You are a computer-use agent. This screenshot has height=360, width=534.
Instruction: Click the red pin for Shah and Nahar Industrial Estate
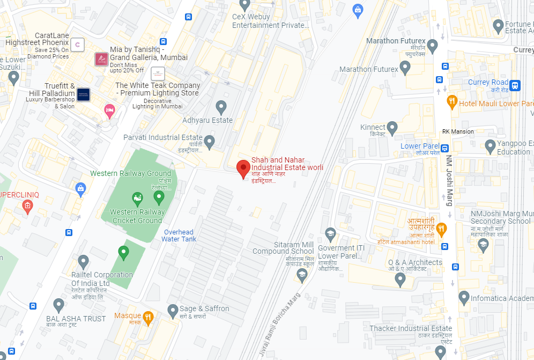point(243,168)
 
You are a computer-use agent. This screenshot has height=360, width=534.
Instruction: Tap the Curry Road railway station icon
point(515,85)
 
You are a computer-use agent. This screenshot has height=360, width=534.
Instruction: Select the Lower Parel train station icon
point(444,147)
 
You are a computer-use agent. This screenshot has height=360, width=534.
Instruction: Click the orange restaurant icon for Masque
point(149,317)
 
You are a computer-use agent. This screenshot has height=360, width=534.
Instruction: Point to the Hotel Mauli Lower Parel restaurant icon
point(452,101)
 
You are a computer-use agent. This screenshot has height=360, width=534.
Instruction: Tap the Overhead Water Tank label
point(179,236)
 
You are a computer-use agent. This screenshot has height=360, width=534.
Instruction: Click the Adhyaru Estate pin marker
point(221,106)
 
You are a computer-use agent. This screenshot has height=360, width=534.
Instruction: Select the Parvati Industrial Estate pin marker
point(210,142)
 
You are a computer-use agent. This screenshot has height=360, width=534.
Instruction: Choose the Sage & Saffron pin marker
point(173,310)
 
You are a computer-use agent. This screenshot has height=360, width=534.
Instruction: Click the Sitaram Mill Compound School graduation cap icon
point(302,275)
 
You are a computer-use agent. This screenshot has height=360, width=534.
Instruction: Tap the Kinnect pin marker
point(392,128)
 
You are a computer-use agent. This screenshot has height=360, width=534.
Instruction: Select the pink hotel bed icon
point(109,111)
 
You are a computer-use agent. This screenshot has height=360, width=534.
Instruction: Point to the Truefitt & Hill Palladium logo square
point(83,94)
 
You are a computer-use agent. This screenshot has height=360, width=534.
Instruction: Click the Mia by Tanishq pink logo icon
point(101,59)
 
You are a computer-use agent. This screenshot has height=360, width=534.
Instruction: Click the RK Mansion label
point(458,131)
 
